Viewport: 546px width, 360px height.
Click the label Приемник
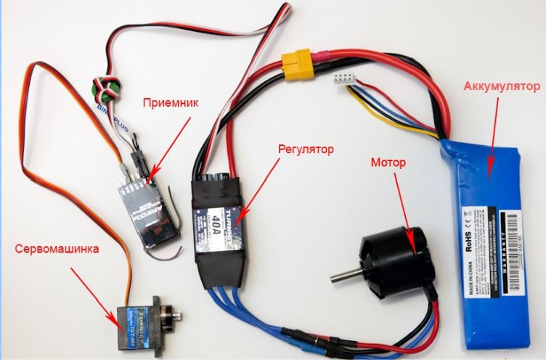tap(168, 102)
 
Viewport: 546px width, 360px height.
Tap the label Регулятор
tap(306, 150)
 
